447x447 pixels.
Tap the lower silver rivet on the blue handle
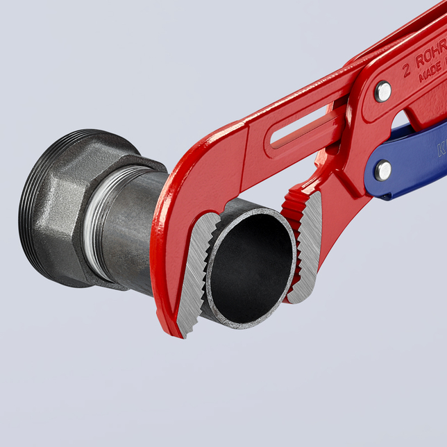[x=382, y=169]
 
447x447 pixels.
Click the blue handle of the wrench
[x=416, y=163]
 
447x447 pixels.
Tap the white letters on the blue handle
[x=441, y=149]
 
